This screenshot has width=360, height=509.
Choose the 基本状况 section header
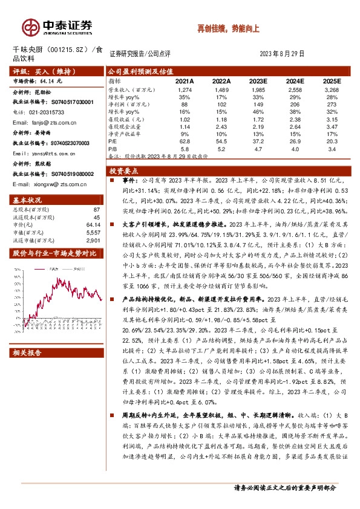[x=28, y=199]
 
